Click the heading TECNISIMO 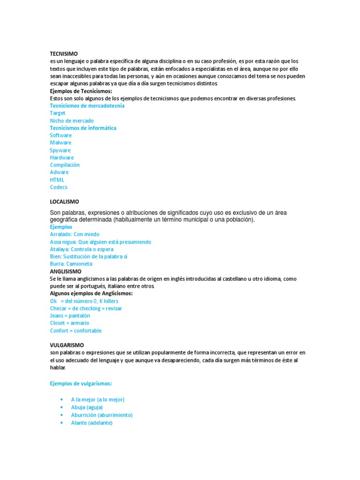tap(64, 54)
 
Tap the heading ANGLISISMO tap(66, 271)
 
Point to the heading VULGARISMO tap(67, 345)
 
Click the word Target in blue tap(58, 113)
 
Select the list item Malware tap(61, 142)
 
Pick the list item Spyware tap(60, 150)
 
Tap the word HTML tap(57, 180)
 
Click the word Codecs tap(59, 187)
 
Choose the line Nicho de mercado tap(72, 120)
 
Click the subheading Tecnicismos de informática tap(83, 128)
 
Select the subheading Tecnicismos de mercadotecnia tap(87, 105)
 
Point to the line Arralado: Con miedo tap(75, 234)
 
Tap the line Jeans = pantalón tap(70, 316)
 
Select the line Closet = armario tap(69, 323)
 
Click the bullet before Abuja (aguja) tap(61, 407)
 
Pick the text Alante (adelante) tap(92, 422)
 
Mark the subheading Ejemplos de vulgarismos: tap(81, 383)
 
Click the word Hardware tap(62, 157)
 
